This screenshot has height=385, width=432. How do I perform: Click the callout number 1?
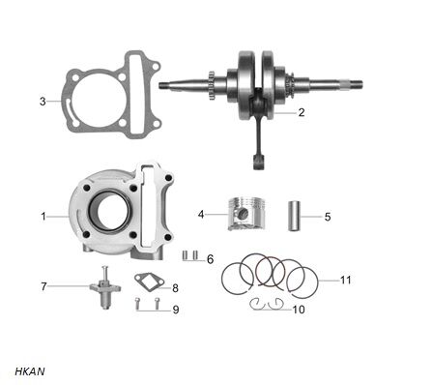click(x=43, y=216)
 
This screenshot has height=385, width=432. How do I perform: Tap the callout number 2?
click(x=302, y=112)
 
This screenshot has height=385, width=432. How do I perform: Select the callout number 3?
click(x=43, y=101)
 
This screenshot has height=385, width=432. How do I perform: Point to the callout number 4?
click(x=201, y=214)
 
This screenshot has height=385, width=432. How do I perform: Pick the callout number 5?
click(x=327, y=216)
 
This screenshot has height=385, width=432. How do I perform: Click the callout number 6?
click(x=210, y=258)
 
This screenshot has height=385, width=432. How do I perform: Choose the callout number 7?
click(x=43, y=286)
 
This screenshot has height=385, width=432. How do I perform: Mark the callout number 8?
click(x=175, y=287)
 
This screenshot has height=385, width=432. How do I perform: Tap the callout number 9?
click(x=175, y=310)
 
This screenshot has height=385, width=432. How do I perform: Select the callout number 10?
click(x=298, y=310)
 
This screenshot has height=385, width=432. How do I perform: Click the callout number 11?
click(x=346, y=280)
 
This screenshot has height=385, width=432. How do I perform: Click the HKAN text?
click(x=30, y=370)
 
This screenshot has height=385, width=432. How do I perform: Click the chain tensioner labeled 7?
click(x=105, y=287)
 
